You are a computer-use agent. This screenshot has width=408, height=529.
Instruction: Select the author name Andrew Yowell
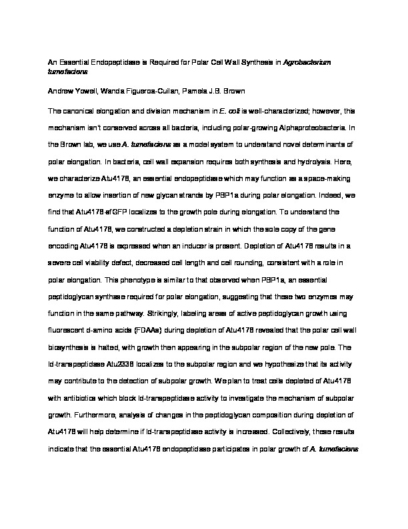71,89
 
